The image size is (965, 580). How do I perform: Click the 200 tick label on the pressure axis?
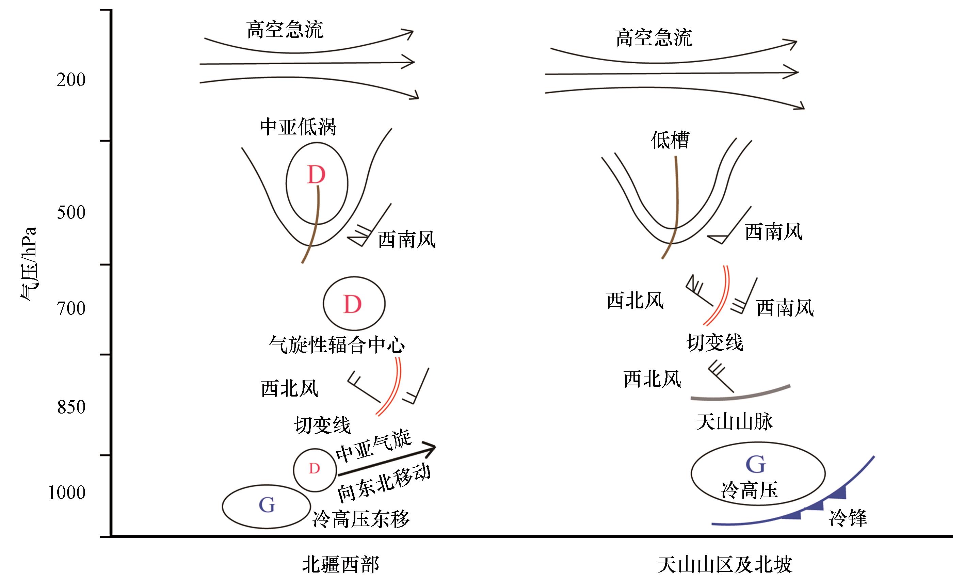coord(71,80)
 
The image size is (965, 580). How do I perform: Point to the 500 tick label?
coord(71,213)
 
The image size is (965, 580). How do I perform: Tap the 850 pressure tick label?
coord(71,407)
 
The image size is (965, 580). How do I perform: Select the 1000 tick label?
coord(66,493)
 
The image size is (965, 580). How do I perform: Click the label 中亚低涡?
coord(298,127)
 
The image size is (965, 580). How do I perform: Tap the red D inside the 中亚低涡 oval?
coord(316,175)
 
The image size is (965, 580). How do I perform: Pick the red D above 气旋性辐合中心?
coord(352,304)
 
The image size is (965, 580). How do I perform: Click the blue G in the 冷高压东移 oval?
coord(267,505)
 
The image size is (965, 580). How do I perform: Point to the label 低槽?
coord(670,140)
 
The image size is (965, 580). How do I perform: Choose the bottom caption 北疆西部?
coord(340,565)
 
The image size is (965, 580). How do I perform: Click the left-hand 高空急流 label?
coord(285,30)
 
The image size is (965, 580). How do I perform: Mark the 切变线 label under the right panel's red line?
coord(715,343)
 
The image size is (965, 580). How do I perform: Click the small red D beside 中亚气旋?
coord(314,469)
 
